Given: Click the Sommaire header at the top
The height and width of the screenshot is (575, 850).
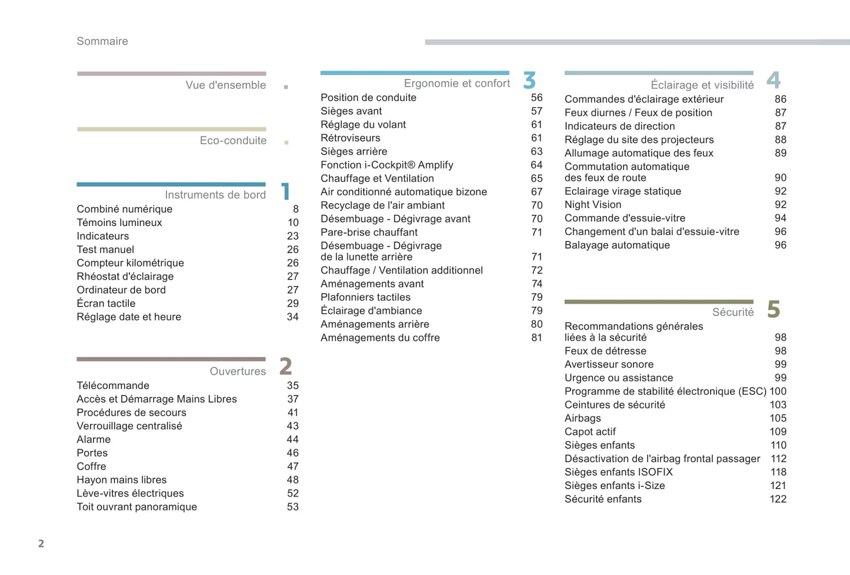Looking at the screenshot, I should pyautogui.click(x=102, y=41).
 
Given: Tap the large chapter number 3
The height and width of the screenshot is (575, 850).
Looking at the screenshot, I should pyautogui.click(x=529, y=80).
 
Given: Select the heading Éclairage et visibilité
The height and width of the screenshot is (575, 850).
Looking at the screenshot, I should pyautogui.click(x=702, y=85).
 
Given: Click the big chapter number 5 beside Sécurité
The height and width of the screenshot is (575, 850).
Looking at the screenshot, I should pyautogui.click(x=774, y=310).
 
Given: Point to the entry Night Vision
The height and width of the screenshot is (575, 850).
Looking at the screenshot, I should pyautogui.click(x=592, y=205).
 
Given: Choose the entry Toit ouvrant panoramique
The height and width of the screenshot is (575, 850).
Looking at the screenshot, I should pyautogui.click(x=136, y=507).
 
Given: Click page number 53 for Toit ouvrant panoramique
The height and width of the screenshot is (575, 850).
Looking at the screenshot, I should pyautogui.click(x=292, y=507).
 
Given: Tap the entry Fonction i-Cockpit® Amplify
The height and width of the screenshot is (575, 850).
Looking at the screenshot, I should pyautogui.click(x=386, y=165).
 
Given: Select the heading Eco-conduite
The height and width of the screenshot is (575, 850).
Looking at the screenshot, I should pyautogui.click(x=233, y=141).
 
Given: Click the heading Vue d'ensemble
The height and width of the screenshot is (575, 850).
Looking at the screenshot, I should pyautogui.click(x=225, y=85).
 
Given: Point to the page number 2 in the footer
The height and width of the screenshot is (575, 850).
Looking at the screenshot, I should pyautogui.click(x=41, y=543).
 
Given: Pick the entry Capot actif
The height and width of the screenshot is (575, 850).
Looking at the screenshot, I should pyautogui.click(x=590, y=432).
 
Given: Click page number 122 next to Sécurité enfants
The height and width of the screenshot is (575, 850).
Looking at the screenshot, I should pyautogui.click(x=778, y=499).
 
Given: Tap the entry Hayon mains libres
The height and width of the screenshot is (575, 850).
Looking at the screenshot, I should pyautogui.click(x=121, y=480).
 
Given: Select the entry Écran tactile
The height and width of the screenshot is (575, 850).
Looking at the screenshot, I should pyautogui.click(x=106, y=304).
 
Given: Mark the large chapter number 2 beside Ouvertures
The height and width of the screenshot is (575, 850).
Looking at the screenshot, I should pyautogui.click(x=285, y=366).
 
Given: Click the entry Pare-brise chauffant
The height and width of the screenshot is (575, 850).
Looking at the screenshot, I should pyautogui.click(x=369, y=232).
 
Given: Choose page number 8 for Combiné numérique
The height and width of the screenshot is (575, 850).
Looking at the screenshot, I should pyautogui.click(x=295, y=210).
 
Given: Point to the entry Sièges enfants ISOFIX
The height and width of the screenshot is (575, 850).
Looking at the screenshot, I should pyautogui.click(x=618, y=473).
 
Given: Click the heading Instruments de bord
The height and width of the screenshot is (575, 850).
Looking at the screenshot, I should pyautogui.click(x=215, y=195).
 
